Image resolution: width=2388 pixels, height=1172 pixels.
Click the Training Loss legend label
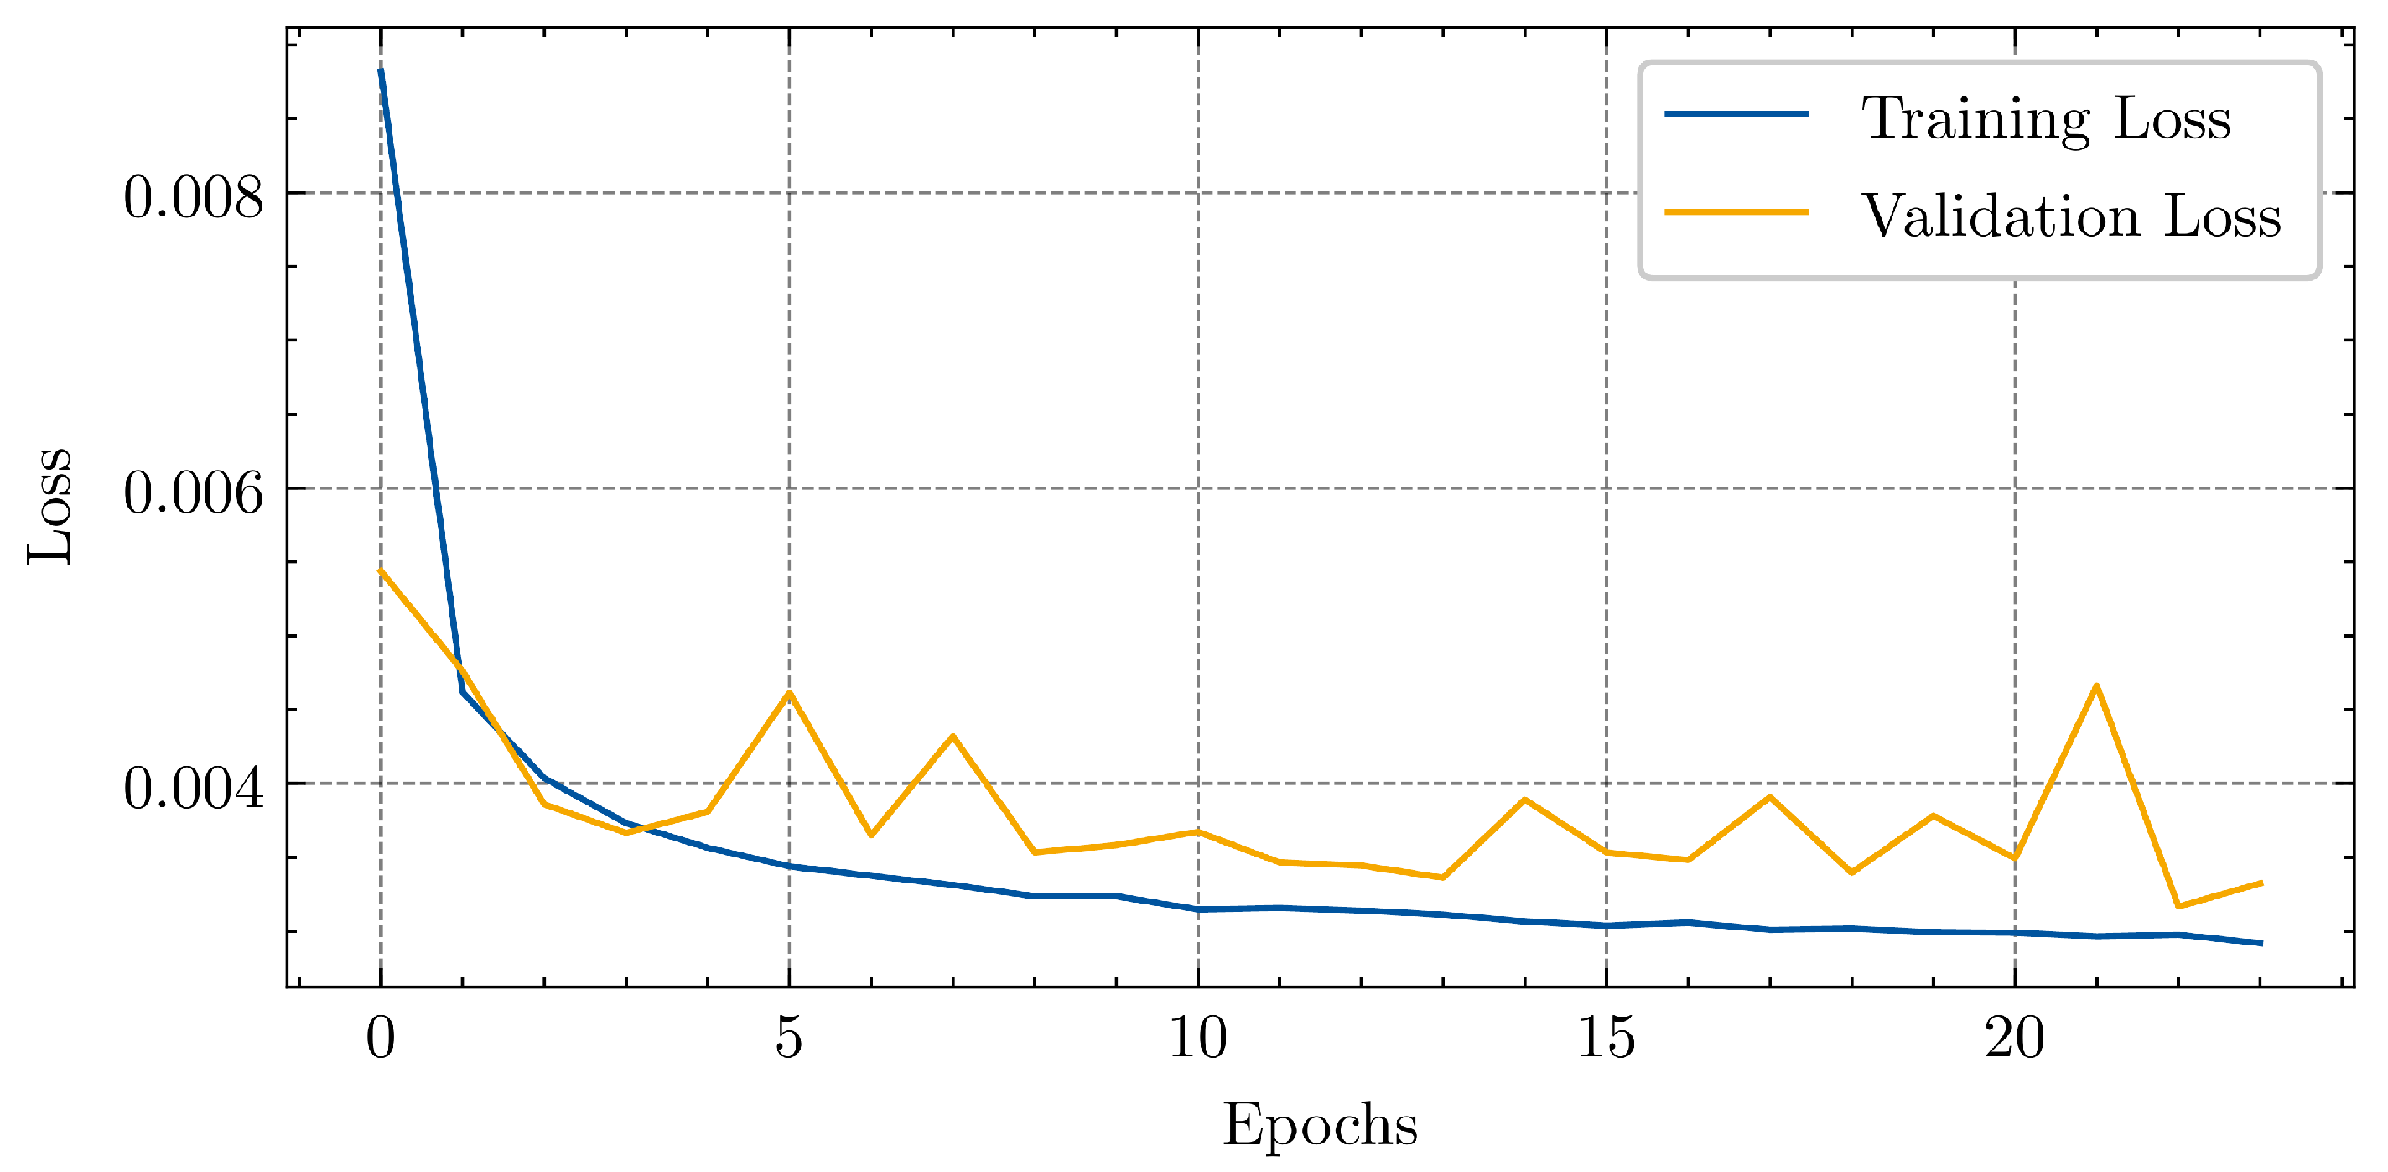click(x=2045, y=117)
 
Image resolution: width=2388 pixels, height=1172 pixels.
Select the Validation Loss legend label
click(x=2070, y=216)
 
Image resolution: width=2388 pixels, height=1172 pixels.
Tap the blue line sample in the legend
click(x=1736, y=114)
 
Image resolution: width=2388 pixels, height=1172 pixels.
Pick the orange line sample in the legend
click(x=1736, y=212)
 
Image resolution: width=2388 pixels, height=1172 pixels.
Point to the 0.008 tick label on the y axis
click(x=193, y=196)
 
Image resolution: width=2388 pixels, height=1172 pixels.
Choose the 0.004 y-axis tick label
click(x=193, y=787)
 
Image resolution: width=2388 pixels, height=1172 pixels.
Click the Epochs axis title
click(x=1319, y=1126)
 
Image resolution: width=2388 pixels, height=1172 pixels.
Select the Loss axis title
click(x=50, y=505)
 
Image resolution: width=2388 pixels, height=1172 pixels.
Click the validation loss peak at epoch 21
click(x=2096, y=686)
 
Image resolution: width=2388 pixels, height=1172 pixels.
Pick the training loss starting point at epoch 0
click(x=381, y=70)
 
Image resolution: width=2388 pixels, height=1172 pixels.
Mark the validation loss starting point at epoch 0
click(x=381, y=571)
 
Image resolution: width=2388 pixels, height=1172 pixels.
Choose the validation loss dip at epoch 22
click(x=2178, y=906)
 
